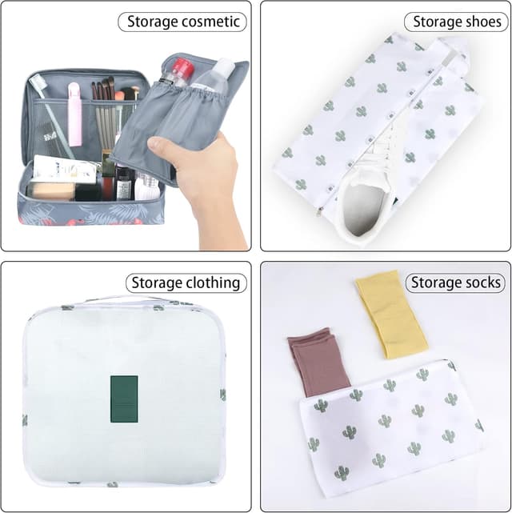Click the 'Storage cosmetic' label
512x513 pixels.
(182, 22)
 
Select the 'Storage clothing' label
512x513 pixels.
(186, 283)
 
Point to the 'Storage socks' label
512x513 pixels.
(455, 283)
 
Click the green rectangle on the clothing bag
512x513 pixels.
(123, 397)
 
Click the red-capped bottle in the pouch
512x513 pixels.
(180, 72)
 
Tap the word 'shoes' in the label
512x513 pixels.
(481, 22)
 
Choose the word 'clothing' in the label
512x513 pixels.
(213, 283)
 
